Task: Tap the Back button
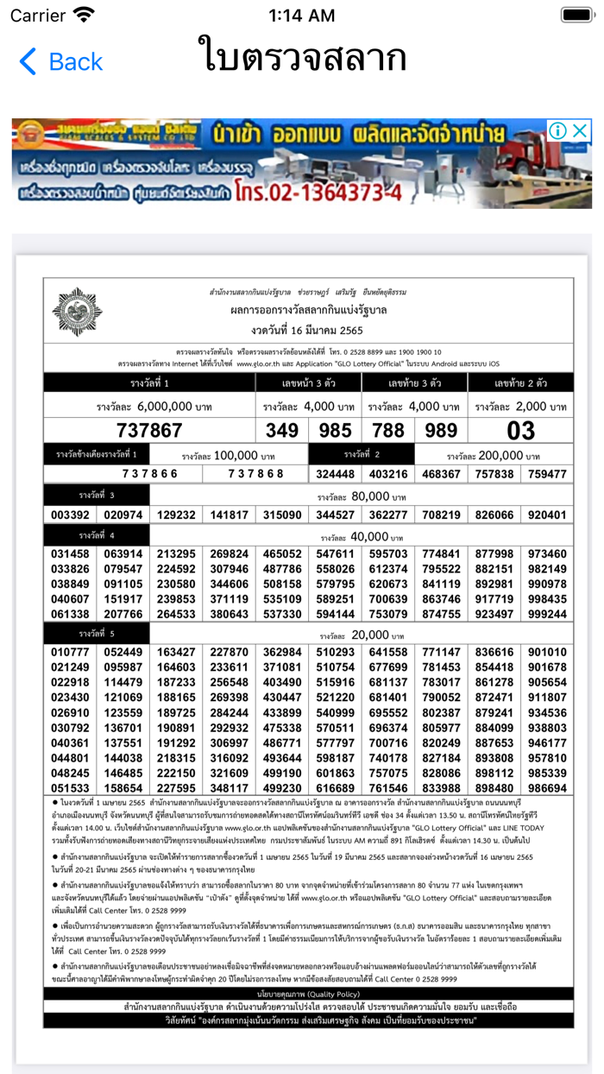(60, 62)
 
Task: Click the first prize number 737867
(150, 430)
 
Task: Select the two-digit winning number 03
(520, 430)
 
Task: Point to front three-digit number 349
(282, 430)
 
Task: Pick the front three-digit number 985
(335, 430)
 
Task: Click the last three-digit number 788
(388, 430)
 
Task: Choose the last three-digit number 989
(441, 430)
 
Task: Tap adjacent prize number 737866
(150, 474)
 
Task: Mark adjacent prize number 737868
(255, 474)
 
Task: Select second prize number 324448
(335, 474)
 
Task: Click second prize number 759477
(547, 474)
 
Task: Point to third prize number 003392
(71, 515)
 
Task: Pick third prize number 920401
(547, 515)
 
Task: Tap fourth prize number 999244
(547, 615)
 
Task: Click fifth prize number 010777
(71, 652)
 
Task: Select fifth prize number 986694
(547, 788)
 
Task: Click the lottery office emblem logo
(76, 312)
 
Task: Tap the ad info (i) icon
(558, 131)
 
